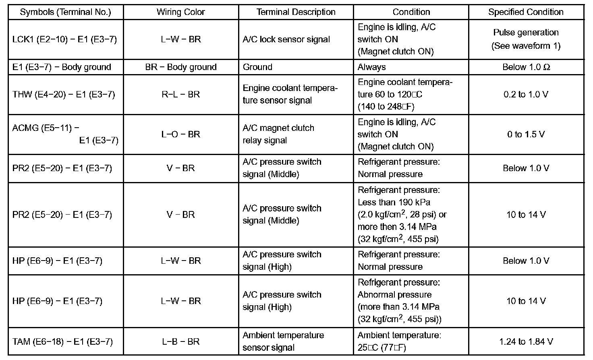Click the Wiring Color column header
point(180,12)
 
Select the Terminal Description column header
point(296,12)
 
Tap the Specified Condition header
point(526,12)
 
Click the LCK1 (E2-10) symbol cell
point(64,39)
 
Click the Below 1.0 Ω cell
point(526,67)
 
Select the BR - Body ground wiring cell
point(180,67)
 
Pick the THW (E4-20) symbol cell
point(64,95)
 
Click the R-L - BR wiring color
point(180,95)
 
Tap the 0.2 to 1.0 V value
point(526,95)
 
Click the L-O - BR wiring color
point(180,134)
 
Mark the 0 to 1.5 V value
point(526,134)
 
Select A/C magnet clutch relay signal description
point(278,134)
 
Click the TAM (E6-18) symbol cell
point(62,342)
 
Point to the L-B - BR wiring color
point(180,342)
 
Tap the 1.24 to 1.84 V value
point(526,342)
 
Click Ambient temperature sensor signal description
point(283,341)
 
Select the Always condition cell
point(371,67)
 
